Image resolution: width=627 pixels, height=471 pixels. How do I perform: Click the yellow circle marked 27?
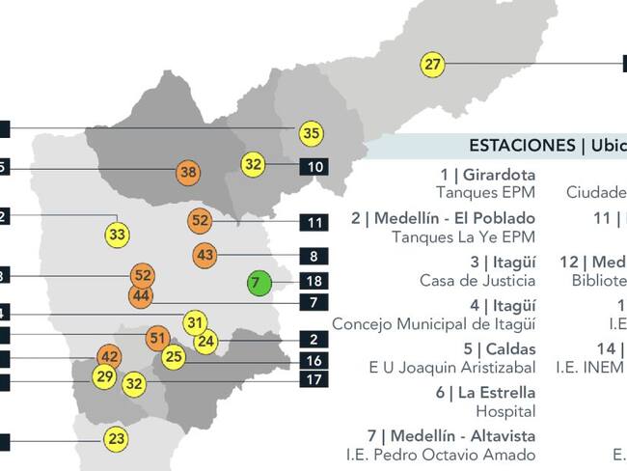point(433,65)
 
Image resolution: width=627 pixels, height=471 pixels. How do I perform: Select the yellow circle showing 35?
point(311,133)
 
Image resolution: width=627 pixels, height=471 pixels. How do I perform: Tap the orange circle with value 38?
point(189,174)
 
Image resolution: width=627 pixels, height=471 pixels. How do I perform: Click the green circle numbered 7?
point(256,283)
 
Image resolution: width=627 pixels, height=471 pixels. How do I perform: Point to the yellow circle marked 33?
point(118,234)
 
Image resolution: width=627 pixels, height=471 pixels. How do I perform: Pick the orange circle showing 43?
point(204,256)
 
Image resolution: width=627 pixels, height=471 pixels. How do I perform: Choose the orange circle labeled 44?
point(141,296)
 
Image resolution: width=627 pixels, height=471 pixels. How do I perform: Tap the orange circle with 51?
point(158,339)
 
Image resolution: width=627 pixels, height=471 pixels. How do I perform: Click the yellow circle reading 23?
point(117,439)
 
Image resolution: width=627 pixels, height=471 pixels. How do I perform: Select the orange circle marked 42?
point(110,357)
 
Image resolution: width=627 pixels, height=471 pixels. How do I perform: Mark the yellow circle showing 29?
point(104,376)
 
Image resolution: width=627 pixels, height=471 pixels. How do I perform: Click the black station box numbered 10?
point(314,167)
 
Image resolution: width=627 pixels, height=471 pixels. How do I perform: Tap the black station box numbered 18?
point(314,282)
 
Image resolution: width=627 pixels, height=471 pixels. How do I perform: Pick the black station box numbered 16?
point(314,360)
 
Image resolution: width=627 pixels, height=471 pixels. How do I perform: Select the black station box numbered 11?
point(314,223)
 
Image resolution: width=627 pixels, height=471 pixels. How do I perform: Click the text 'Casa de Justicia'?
point(477,280)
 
